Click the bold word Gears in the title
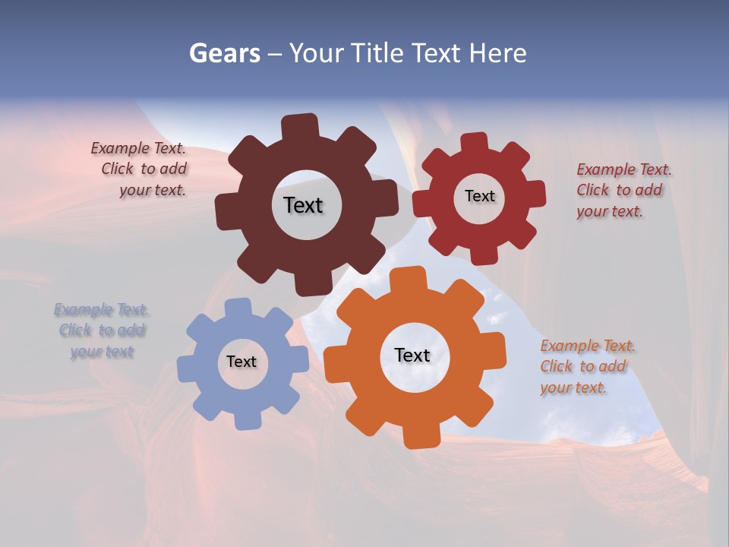point(224,53)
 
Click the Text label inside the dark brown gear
point(303,205)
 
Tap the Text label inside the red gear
point(479,196)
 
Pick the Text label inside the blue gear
point(241,362)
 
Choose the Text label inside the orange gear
point(412,355)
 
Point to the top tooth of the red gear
point(475,143)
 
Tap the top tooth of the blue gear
point(237,308)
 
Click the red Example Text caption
point(623,190)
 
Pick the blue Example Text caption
point(102,330)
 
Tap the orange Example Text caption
point(588,366)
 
